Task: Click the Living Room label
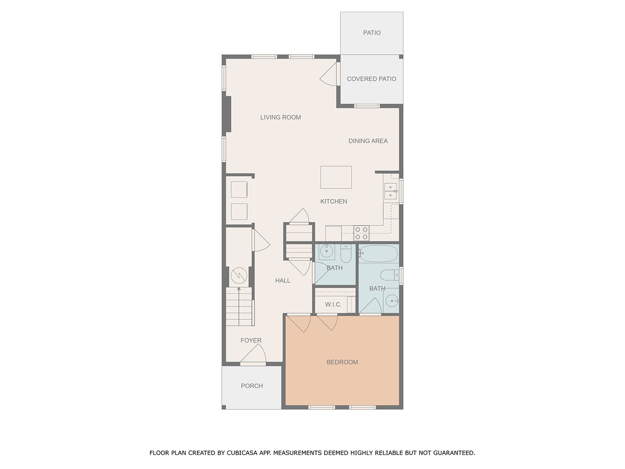pos(280,117)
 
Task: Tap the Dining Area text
pos(368,141)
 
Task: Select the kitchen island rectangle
pos(336,177)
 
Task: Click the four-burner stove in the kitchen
pos(361,233)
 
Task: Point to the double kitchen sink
pos(390,192)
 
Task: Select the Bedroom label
pos(342,362)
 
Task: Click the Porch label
pos(252,386)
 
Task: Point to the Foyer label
pos(251,340)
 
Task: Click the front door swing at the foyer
pos(253,354)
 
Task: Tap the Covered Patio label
pos(371,79)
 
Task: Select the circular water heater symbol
pos(239,276)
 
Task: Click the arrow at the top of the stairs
pos(239,289)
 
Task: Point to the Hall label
pos(283,281)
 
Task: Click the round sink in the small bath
pos(326,251)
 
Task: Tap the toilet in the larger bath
pos(389,275)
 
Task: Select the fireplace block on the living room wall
pos(227,114)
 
